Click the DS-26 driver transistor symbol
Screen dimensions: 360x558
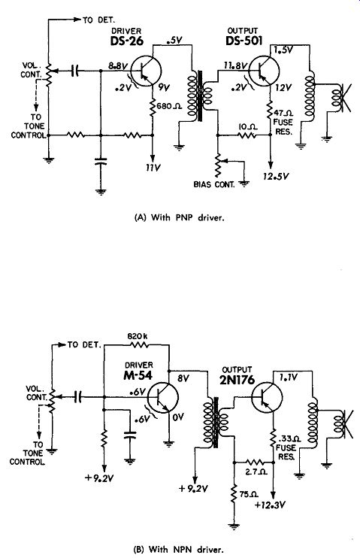pyautogui.click(x=146, y=71)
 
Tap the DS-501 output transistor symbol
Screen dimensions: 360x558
pyautogui.click(x=264, y=71)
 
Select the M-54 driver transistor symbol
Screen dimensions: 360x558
pyautogui.click(x=162, y=398)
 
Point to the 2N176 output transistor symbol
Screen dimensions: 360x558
pyautogui.click(x=267, y=397)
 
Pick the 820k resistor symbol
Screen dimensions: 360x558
pyautogui.click(x=139, y=344)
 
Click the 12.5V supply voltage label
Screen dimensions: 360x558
pyautogui.click(x=276, y=176)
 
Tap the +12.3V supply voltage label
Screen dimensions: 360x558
pyautogui.click(x=271, y=505)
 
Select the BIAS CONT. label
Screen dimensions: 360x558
pyautogui.click(x=214, y=184)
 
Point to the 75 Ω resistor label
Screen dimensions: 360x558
pyautogui.click(x=249, y=495)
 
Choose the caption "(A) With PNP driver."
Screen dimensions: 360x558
pyautogui.click(x=180, y=217)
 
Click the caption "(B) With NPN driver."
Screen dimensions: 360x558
pyautogui.click(x=179, y=549)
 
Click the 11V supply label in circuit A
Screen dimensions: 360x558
pyautogui.click(x=153, y=167)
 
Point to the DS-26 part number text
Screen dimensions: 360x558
pyautogui.click(x=127, y=41)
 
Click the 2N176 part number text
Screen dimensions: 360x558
pyautogui.click(x=237, y=380)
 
